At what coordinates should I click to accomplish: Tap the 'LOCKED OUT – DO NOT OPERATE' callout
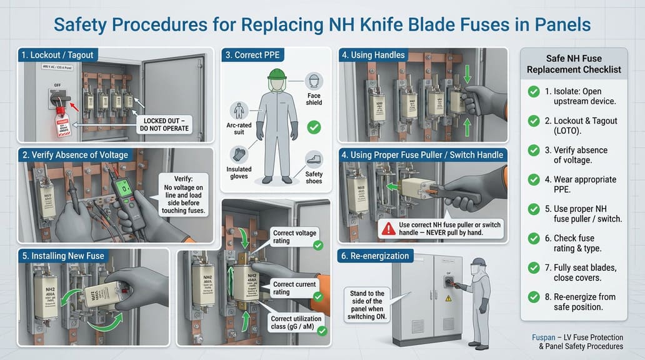pos(166,124)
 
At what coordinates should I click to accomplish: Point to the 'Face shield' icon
pos(314,81)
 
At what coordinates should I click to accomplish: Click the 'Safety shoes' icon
pos(314,160)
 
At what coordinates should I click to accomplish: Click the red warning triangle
pos(389,229)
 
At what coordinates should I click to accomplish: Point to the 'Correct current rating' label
pos(292,288)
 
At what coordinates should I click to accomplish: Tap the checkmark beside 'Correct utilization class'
pos(321,330)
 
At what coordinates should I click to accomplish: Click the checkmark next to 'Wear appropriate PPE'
pos(533,180)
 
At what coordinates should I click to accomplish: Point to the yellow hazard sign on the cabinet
pos(447,299)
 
